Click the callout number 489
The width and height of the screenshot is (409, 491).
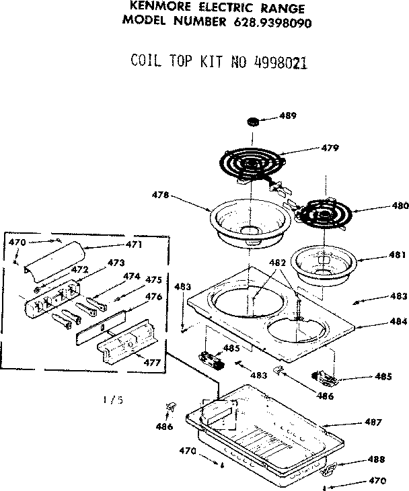[x=288, y=116]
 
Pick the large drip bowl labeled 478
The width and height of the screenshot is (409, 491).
[x=250, y=222]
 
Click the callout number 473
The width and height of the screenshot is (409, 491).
[x=116, y=262]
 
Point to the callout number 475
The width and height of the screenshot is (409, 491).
[x=154, y=279]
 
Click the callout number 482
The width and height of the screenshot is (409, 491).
[x=277, y=263]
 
